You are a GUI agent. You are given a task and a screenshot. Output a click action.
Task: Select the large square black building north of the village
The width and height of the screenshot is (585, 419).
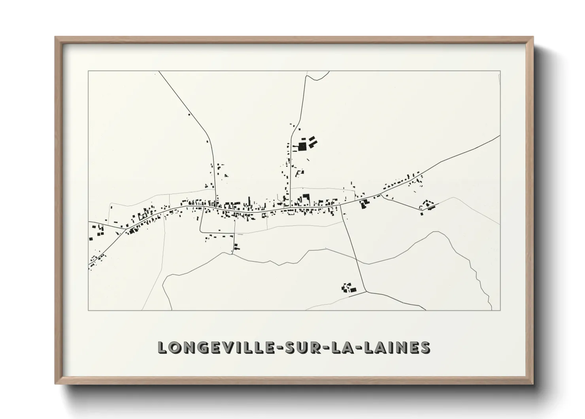302,147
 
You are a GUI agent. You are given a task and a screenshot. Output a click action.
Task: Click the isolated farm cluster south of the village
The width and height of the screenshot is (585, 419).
348,288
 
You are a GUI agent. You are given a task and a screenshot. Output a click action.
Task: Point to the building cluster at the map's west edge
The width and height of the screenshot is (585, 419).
95,232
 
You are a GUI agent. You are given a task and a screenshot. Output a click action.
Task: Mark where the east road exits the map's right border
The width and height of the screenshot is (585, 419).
500,136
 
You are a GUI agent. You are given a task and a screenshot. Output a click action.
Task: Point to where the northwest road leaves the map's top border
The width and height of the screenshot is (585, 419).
159,72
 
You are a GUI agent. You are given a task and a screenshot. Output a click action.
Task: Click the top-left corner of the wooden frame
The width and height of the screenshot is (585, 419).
55,37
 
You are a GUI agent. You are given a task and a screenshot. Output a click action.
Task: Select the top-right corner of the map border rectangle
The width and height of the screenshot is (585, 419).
500,71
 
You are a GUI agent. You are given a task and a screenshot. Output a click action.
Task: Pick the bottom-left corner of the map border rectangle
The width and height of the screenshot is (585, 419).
89,310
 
